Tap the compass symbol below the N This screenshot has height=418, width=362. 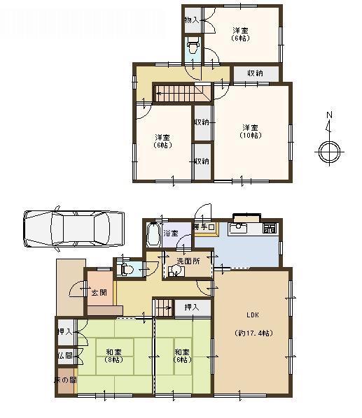tap(328, 150)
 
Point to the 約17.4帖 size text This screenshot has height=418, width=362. tap(253, 333)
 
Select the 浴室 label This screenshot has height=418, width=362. tap(171, 233)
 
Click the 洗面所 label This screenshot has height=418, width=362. tap(188, 261)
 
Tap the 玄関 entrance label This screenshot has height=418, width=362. tap(98, 292)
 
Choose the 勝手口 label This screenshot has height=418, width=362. tap(205, 226)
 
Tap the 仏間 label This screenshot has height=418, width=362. tap(65, 356)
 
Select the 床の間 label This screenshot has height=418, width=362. tap(65, 380)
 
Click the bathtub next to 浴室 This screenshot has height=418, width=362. tap(153, 234)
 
